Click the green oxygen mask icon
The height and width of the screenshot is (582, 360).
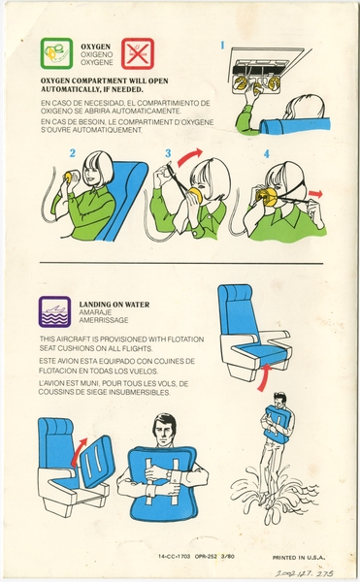(x=55, y=54)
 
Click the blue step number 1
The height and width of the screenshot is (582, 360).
(x=222, y=44)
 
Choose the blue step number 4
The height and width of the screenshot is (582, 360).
(x=266, y=153)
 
